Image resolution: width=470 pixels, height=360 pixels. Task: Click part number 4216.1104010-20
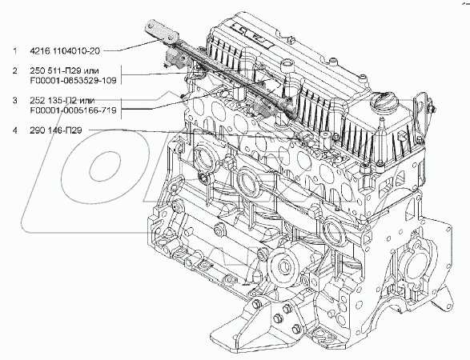pyautogui.click(x=64, y=51)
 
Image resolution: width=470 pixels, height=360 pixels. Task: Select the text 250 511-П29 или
pyautogui.click(x=64, y=70)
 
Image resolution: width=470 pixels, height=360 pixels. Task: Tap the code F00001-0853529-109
pyautogui.click(x=73, y=81)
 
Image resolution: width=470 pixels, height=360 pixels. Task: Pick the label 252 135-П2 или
pyautogui.click(x=62, y=100)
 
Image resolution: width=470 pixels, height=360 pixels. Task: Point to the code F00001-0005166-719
pyautogui.click(x=73, y=110)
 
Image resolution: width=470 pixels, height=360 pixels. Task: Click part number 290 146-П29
pyautogui.click(x=56, y=130)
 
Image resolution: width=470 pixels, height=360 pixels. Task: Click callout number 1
pyautogui.click(x=14, y=51)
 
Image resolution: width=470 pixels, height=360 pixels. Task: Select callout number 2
pyautogui.click(x=14, y=70)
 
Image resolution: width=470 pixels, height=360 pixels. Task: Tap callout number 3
pyautogui.click(x=14, y=100)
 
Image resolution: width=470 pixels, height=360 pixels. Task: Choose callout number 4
pyautogui.click(x=14, y=130)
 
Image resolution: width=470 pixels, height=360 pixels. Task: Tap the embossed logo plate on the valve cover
pyautogui.click(x=249, y=34)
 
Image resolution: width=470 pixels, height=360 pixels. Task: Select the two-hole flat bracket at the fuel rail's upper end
pyautogui.click(x=161, y=32)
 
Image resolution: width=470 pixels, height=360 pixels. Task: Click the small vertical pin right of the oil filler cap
pyautogui.click(x=381, y=123)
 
